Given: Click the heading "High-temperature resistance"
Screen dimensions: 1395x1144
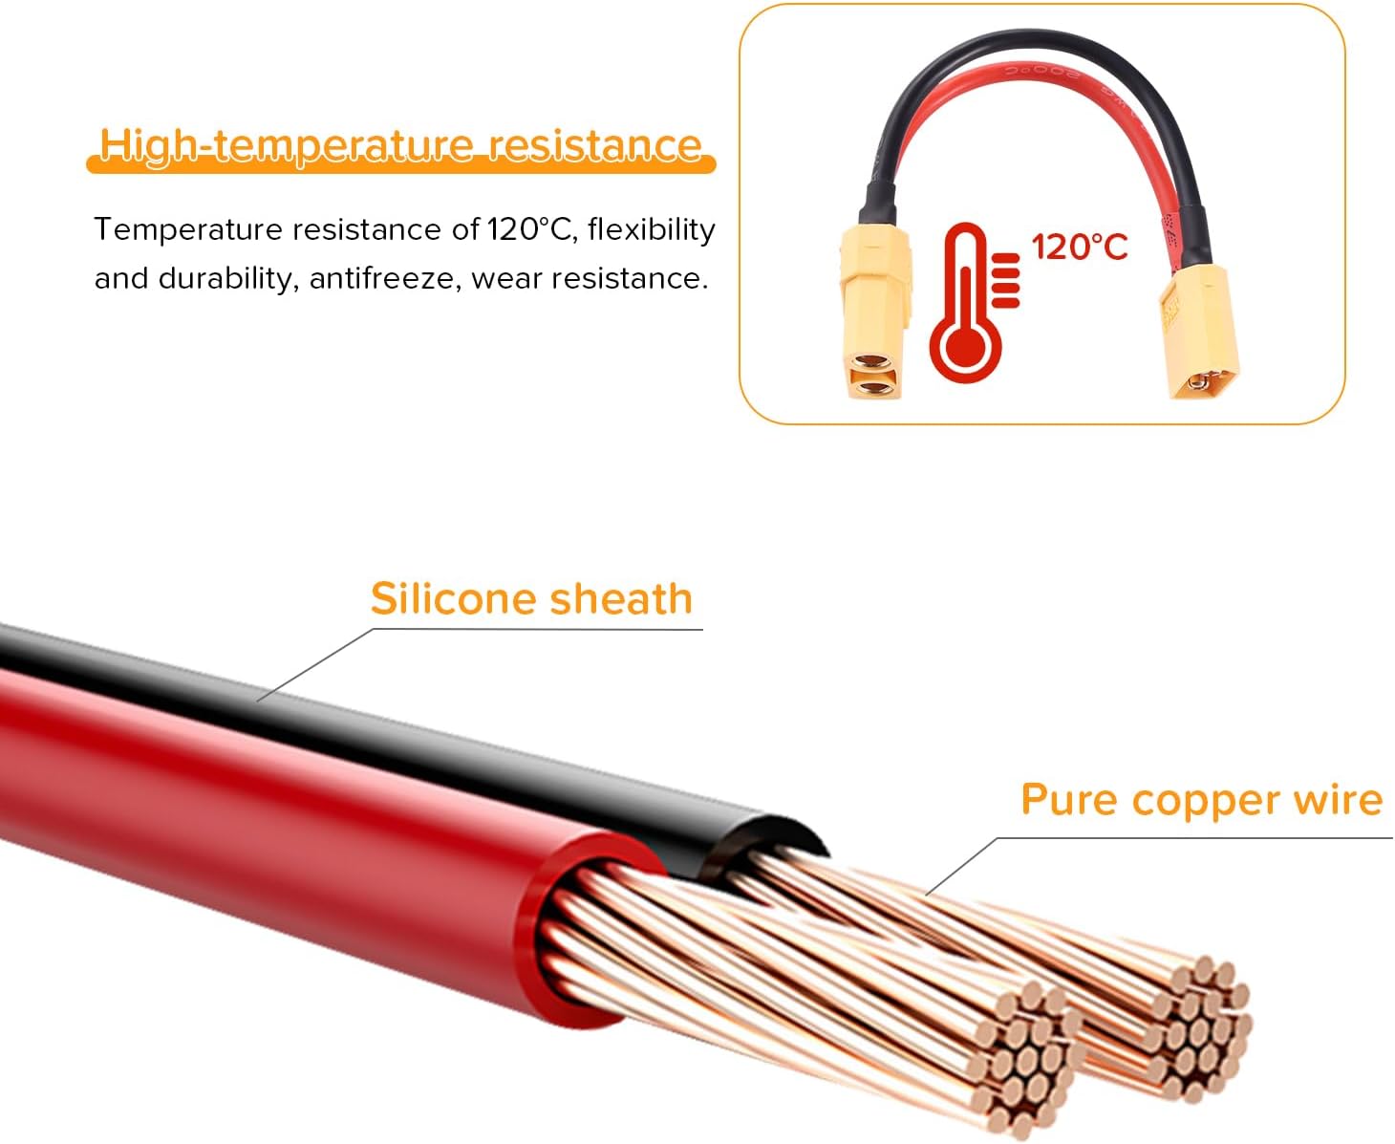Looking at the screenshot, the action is pyautogui.click(x=401, y=145).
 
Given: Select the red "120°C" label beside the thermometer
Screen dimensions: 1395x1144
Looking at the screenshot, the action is pyautogui.click(x=1080, y=248).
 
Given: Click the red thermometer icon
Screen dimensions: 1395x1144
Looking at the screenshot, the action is pyautogui.click(x=973, y=302).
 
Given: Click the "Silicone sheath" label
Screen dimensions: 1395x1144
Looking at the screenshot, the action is pyautogui.click(x=531, y=599).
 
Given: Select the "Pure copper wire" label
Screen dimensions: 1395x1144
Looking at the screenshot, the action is pyautogui.click(x=1202, y=801).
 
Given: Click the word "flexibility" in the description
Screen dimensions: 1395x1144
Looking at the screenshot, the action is pyautogui.click(x=651, y=229).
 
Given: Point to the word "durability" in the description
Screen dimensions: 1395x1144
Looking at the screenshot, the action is pyautogui.click(x=225, y=278).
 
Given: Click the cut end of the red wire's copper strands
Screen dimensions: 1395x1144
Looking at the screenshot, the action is pyautogui.click(x=1022, y=1056).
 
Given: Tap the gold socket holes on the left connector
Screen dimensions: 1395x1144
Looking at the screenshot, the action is pyautogui.click(x=872, y=374).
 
